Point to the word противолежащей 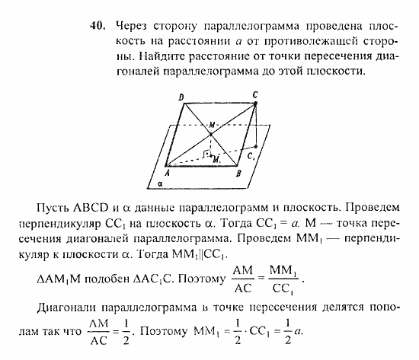tap(298, 32)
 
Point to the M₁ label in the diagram tap(217, 159)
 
